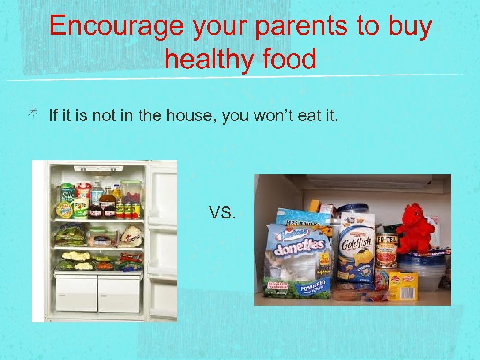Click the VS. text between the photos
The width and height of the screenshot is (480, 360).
click(222, 213)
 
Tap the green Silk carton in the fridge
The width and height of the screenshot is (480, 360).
click(68, 193)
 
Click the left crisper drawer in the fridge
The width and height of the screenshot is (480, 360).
click(76, 294)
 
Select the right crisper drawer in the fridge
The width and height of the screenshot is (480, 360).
click(119, 294)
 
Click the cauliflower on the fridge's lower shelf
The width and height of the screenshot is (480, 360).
click(76, 256)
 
